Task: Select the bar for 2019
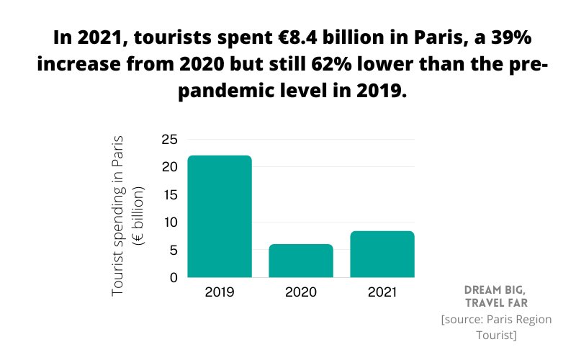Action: point(220,216)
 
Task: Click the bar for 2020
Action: point(301,261)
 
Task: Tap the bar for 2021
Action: point(382,254)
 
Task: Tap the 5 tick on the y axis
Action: point(172,251)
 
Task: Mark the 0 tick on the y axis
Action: point(172,278)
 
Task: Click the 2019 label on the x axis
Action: point(220,293)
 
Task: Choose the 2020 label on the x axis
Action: point(301,293)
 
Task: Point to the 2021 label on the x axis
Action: point(382,293)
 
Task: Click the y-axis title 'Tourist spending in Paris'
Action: point(120,214)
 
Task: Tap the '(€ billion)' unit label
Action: point(140,215)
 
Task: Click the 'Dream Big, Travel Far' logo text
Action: point(496,295)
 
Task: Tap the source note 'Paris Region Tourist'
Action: point(496,327)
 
